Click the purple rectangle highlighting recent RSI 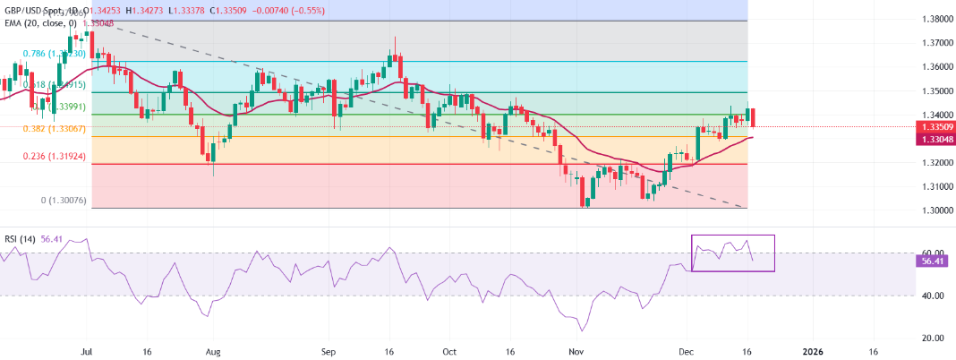(733, 253)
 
